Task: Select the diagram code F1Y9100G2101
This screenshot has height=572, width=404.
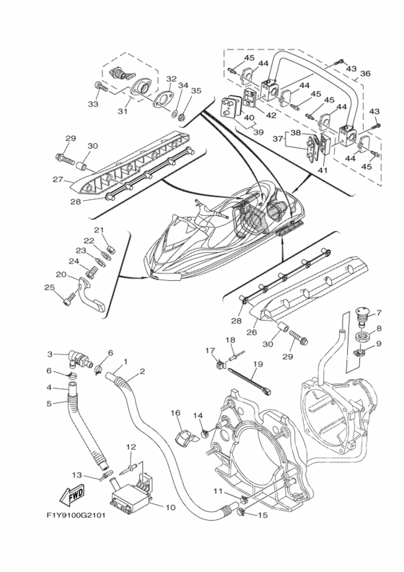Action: pyautogui.click(x=76, y=516)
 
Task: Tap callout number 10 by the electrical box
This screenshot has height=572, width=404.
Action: pyautogui.click(x=170, y=507)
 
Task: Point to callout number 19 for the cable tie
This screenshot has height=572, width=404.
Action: pyautogui.click(x=258, y=363)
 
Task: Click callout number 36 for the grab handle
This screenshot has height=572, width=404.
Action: pyautogui.click(x=365, y=74)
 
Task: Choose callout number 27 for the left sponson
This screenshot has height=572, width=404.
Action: pyautogui.click(x=58, y=179)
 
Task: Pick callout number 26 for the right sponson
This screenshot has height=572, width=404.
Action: pyautogui.click(x=252, y=332)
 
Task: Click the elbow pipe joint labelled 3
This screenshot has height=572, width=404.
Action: pyautogui.click(x=76, y=358)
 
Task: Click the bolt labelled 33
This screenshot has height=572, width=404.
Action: pyautogui.click(x=101, y=87)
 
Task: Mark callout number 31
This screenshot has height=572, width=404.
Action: pyautogui.click(x=123, y=110)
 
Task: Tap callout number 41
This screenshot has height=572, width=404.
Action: pyautogui.click(x=322, y=170)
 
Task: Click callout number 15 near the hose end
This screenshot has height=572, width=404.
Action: pyautogui.click(x=263, y=515)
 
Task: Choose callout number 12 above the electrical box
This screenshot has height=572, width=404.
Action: pyautogui.click(x=131, y=446)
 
